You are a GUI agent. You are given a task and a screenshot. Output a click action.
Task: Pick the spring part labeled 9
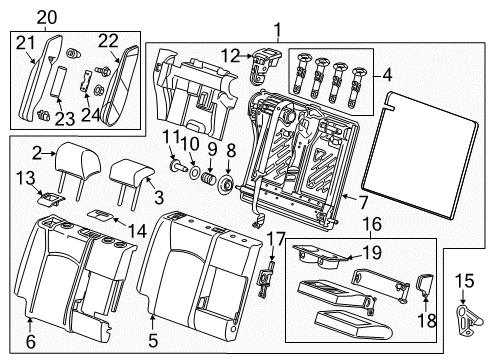point(208,185)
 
